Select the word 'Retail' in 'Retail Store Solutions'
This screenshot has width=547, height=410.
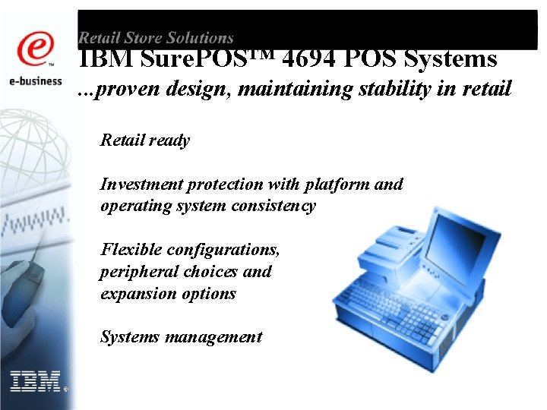[x=102, y=37]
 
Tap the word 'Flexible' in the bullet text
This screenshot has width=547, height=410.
[x=131, y=249]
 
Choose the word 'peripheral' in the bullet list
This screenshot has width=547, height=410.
[x=138, y=271]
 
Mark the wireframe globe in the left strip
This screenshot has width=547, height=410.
[x=38, y=144]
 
